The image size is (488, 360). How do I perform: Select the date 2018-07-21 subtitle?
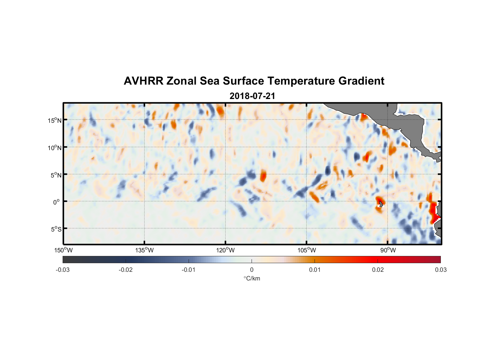point(252,96)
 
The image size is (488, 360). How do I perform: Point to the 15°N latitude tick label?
point(54,120)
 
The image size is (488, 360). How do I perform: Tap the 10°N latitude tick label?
point(54,148)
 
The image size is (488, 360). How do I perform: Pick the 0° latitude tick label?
point(57,202)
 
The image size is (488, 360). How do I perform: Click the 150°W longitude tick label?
point(64,250)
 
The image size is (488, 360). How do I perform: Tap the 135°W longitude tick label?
point(145,250)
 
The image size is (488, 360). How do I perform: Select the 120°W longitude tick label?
point(226,250)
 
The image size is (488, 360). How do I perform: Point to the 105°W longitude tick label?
point(307,250)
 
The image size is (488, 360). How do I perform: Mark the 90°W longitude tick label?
point(388,250)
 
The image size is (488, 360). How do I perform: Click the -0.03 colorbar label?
point(63,270)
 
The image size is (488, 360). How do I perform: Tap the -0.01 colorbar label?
point(189,270)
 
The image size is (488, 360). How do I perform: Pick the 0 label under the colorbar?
point(252,270)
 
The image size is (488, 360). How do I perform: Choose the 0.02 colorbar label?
point(378,270)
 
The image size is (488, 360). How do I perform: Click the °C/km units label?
point(252,278)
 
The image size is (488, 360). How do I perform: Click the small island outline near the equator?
point(381,204)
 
